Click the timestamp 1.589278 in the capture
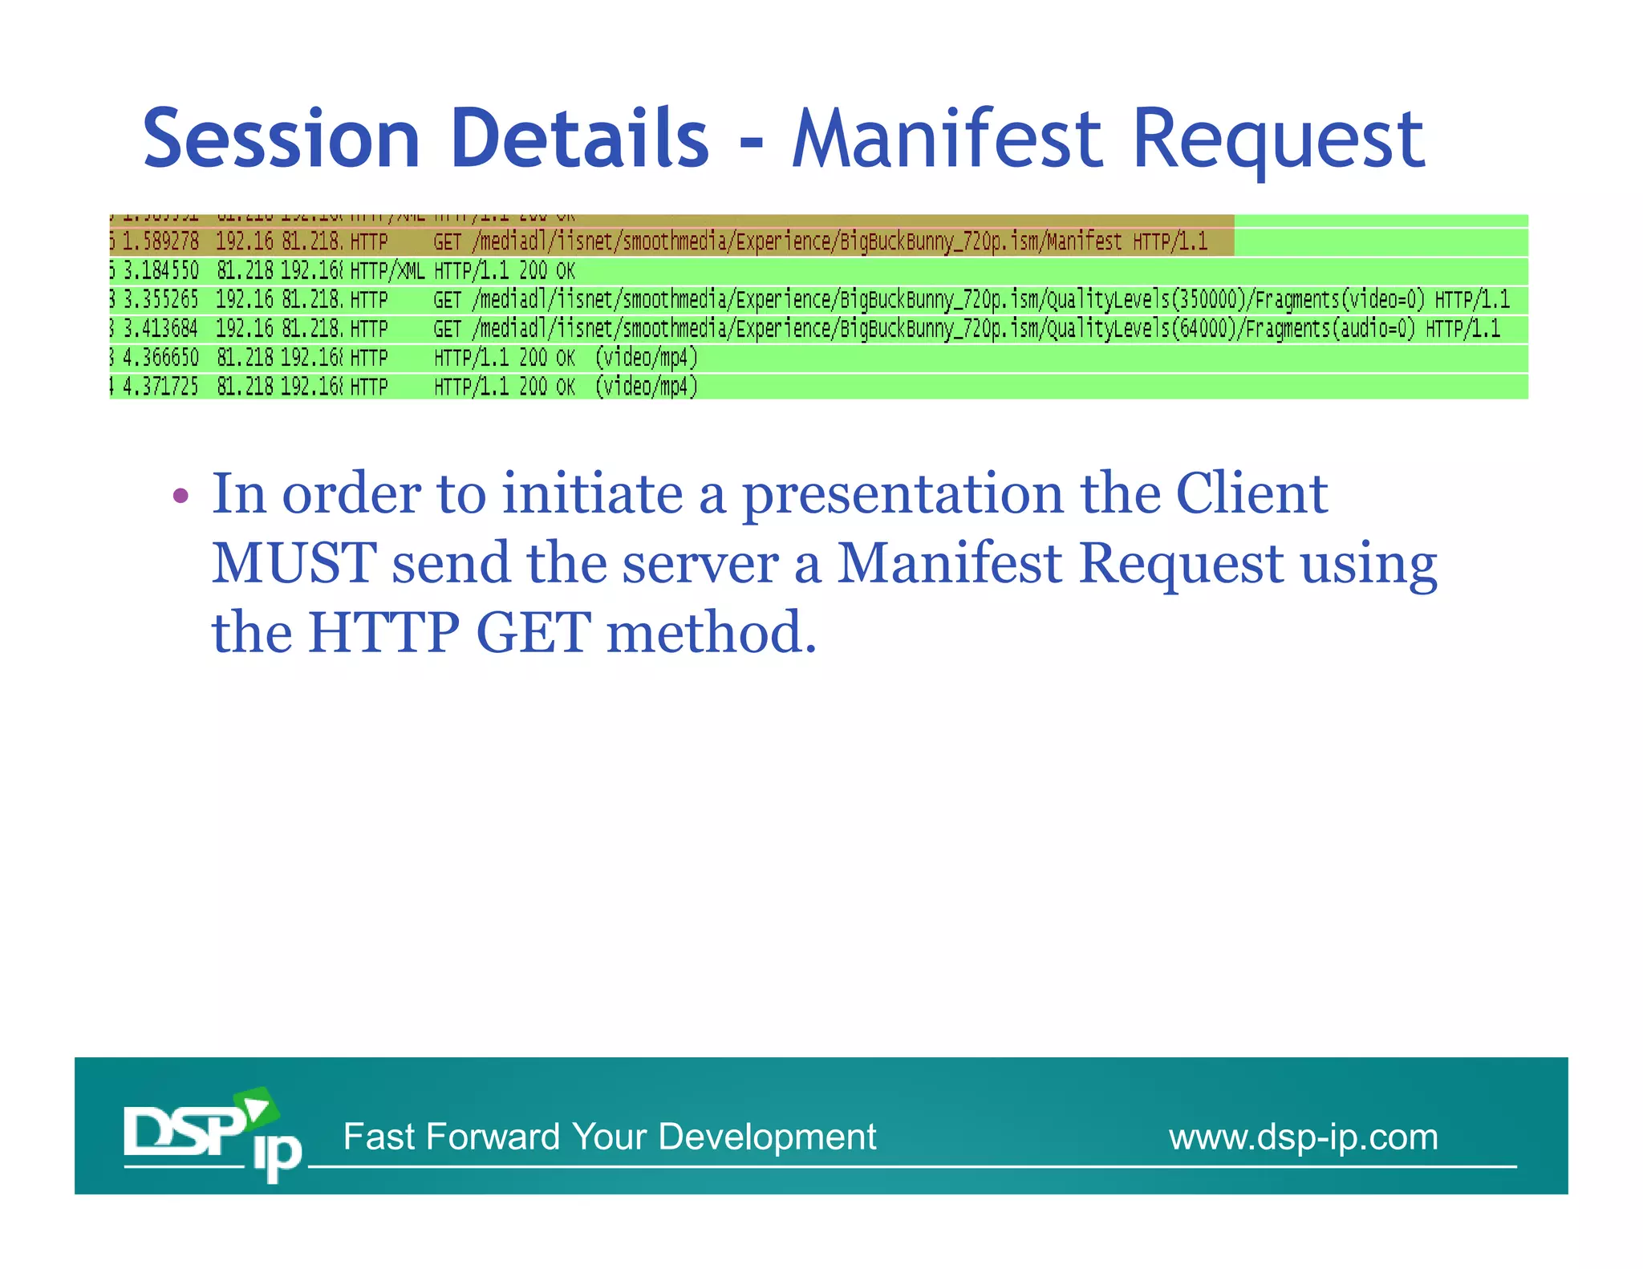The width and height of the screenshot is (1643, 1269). (x=160, y=241)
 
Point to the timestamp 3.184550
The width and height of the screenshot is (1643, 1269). (x=160, y=270)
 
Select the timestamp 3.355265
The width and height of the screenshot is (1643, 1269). (x=160, y=300)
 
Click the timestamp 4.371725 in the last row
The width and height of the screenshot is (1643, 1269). (x=160, y=387)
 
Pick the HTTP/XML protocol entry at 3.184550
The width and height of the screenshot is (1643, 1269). (x=387, y=270)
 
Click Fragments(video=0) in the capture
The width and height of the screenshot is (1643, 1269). (x=1339, y=300)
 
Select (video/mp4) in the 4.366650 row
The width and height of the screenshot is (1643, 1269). (x=646, y=358)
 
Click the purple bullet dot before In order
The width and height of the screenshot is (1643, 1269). (x=181, y=495)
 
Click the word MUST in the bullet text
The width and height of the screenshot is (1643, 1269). (x=294, y=563)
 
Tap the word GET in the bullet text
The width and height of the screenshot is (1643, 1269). (x=533, y=633)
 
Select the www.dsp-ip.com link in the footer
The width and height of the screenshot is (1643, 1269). (x=1303, y=1137)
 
